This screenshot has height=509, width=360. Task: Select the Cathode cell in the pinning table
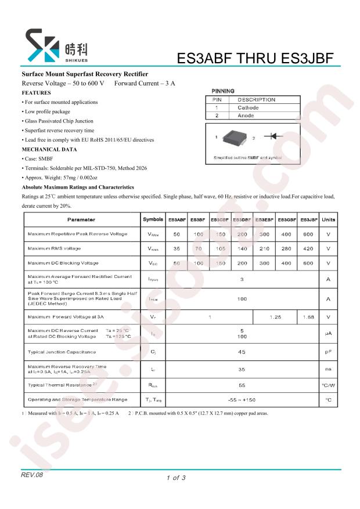(x=248, y=107)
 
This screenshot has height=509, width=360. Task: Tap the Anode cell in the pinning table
(x=246, y=115)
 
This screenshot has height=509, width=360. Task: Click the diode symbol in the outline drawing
(x=273, y=137)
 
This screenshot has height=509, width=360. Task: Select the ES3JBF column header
(x=308, y=220)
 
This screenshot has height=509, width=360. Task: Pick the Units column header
(x=329, y=220)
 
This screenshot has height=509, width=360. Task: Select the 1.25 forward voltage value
(x=275, y=317)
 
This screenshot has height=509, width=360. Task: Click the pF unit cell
(x=329, y=352)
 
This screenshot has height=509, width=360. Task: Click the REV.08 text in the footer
(x=33, y=475)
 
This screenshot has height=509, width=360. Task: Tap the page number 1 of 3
(x=175, y=478)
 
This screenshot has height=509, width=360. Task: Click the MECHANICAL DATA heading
(x=49, y=149)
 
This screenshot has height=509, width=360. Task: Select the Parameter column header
(x=81, y=220)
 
